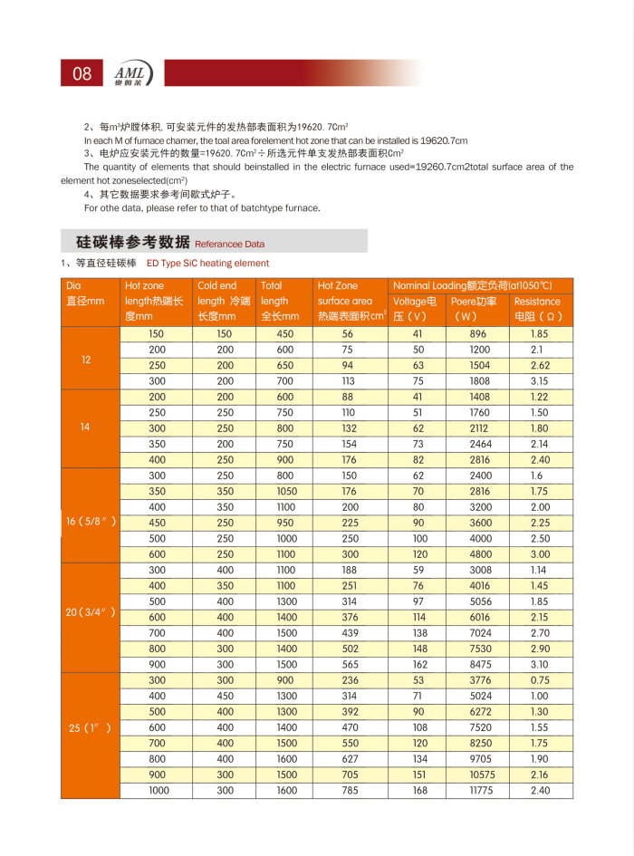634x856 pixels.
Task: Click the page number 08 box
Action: (82, 73)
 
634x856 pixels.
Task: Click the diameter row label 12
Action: (86, 360)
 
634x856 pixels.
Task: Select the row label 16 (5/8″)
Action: (91, 522)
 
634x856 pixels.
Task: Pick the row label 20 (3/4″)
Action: (91, 611)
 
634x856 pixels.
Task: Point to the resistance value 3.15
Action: (539, 381)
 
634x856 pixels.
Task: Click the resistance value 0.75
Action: (541, 680)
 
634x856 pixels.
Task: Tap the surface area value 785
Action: (347, 791)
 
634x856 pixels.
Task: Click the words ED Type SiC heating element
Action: (207, 264)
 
